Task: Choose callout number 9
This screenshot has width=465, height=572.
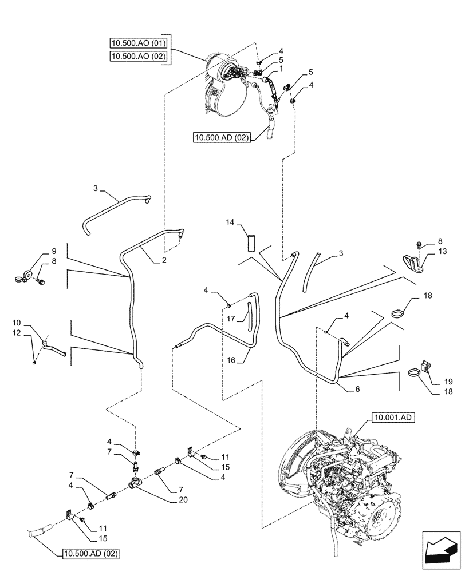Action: (x=54, y=251)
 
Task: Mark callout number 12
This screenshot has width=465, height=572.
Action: (x=32, y=332)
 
